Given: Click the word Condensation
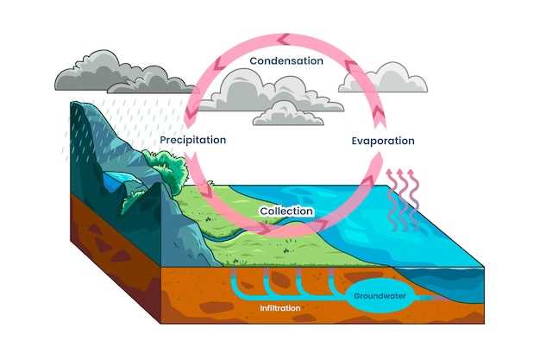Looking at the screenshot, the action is (286, 61).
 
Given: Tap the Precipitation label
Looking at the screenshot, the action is (193, 140).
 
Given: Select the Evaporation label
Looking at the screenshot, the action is (383, 141).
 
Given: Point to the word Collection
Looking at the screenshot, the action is (286, 211).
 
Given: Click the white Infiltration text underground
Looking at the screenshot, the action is (280, 308).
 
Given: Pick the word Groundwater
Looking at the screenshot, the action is (380, 296).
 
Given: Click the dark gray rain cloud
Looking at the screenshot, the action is (124, 73).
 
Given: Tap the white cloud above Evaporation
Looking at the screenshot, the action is (383, 78).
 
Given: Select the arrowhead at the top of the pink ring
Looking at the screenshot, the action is (283, 40).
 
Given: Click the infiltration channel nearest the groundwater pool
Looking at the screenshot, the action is (333, 281).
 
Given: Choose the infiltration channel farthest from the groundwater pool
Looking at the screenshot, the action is (234, 281).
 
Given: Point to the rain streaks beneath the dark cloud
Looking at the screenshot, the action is (128, 128).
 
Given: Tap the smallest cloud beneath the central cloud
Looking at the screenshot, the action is (288, 114).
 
